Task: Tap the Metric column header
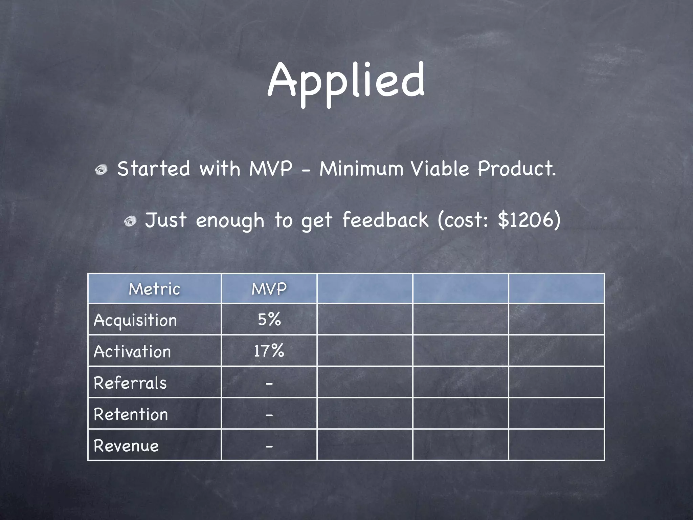[x=154, y=289]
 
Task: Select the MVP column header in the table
[x=269, y=289]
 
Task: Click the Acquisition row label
[x=135, y=320]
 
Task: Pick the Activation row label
[x=132, y=351]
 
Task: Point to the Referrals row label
[x=130, y=383]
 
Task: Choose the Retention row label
[x=131, y=414]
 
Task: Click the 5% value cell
[x=269, y=320]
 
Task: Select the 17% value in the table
[x=269, y=351]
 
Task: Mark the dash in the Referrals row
[x=269, y=384]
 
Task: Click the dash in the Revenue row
[x=269, y=447]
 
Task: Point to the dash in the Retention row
[x=269, y=415]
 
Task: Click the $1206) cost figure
[x=529, y=220]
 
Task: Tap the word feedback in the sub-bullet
[x=385, y=220]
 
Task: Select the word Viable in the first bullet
[x=440, y=169]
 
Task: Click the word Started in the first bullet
[x=154, y=169]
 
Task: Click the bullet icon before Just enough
[x=130, y=221]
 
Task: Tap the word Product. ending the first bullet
[x=517, y=169]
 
